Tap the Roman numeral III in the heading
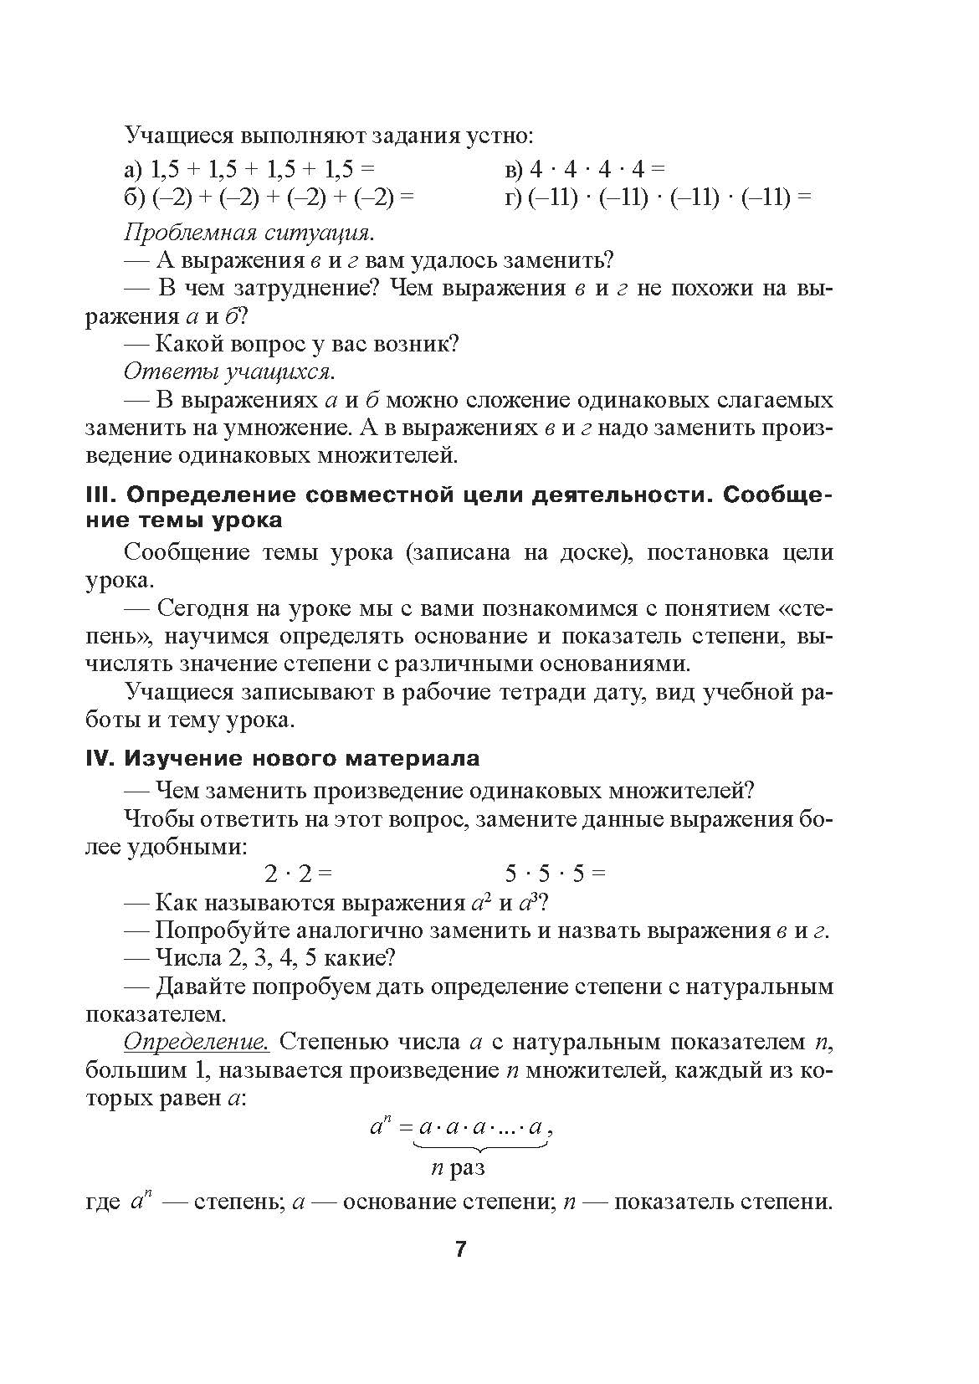click(101, 495)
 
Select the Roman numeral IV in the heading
click(101, 759)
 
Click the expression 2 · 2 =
click(299, 874)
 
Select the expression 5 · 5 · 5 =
click(556, 874)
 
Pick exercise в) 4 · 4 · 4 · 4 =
click(585, 170)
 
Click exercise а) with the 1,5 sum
click(249, 170)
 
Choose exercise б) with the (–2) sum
click(269, 198)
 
